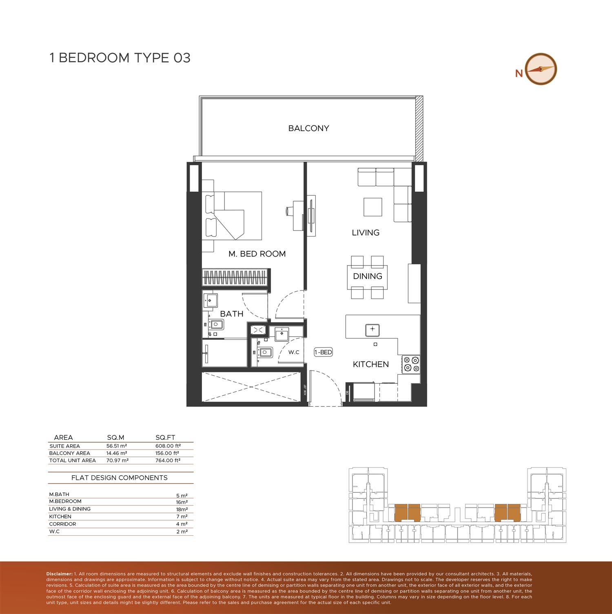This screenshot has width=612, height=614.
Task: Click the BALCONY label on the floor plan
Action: point(308,128)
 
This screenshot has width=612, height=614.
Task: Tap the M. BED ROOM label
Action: point(257,254)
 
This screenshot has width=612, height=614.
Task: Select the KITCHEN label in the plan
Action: point(371,364)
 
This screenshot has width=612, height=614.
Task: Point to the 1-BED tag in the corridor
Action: point(323,352)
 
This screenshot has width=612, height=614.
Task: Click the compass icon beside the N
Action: point(541,69)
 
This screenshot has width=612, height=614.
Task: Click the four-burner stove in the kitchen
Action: point(411,364)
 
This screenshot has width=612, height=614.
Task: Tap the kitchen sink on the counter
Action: point(372,329)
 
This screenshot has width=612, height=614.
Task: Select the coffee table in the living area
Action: point(373,207)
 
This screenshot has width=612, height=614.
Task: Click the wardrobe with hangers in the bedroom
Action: point(236,277)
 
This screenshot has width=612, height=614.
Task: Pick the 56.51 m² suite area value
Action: point(117,446)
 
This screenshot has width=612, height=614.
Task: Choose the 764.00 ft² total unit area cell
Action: point(168,461)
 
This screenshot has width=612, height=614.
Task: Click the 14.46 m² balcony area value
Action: point(117,453)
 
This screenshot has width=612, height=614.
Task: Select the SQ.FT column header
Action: point(165,437)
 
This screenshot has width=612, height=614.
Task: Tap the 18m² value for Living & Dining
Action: point(182,510)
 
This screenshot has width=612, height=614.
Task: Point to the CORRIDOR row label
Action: point(62,524)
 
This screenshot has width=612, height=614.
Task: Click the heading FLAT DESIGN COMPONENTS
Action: point(120,478)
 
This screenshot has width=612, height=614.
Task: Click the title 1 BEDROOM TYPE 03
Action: point(120,58)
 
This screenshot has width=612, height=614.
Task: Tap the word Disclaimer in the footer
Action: point(59,574)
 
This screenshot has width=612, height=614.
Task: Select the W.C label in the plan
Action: point(294,352)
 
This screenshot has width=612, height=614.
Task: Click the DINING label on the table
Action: point(368,276)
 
